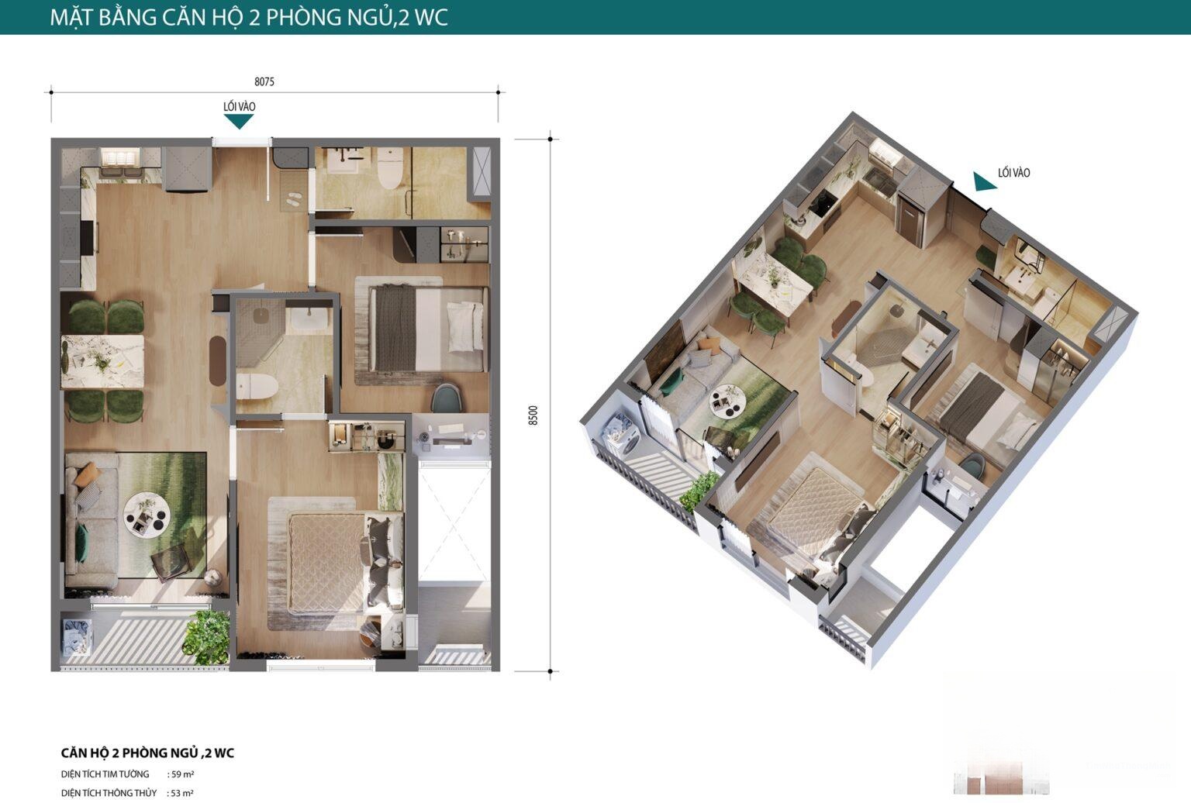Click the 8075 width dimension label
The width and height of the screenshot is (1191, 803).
[264, 81]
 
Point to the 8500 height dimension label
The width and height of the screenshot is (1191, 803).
[533, 415]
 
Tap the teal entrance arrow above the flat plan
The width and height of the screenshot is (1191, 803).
[239, 122]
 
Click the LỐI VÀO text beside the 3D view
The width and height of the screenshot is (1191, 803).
[1013, 173]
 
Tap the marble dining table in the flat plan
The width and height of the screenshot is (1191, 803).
[102, 361]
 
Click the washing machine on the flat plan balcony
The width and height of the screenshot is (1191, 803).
[77, 637]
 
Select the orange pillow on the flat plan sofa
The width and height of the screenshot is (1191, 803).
[87, 474]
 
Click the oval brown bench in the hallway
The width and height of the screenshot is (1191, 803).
[217, 361]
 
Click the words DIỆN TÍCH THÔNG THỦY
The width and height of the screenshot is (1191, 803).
[109, 793]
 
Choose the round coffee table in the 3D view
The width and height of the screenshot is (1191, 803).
[726, 398]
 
